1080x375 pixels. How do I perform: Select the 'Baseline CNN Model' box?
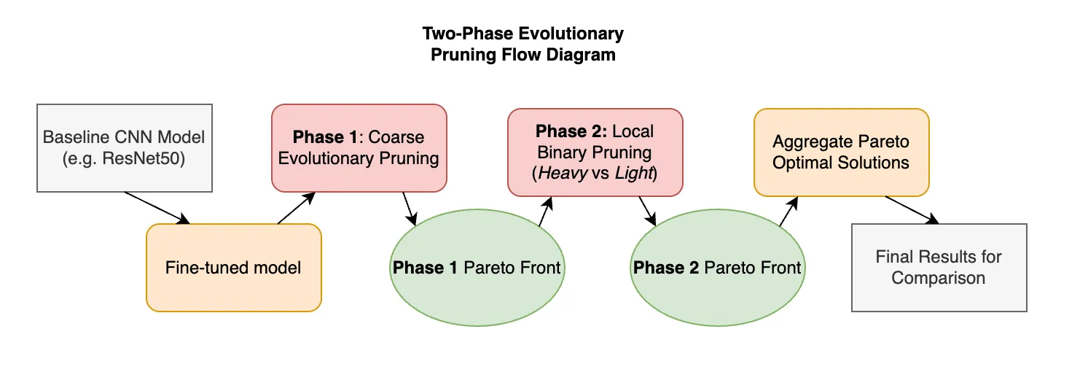point(125,148)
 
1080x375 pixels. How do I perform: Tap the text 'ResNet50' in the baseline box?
point(144,158)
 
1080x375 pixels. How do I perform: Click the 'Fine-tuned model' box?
point(234,268)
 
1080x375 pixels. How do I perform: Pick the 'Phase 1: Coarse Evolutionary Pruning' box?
point(359,148)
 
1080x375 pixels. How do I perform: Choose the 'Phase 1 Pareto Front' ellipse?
point(477,268)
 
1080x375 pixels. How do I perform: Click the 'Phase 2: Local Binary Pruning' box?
point(595,152)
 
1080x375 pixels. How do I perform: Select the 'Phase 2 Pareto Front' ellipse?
point(718,268)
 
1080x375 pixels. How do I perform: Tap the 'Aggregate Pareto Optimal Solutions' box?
point(842,152)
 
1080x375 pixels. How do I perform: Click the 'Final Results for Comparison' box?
point(939,268)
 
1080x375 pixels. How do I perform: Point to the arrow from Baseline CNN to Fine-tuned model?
point(157,208)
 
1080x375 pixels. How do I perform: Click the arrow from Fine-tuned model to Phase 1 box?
point(297,208)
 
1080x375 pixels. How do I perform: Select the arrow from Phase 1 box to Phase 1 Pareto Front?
point(410,209)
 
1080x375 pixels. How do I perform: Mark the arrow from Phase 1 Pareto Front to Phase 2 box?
point(545,212)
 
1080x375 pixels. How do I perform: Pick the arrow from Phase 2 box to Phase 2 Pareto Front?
point(648,211)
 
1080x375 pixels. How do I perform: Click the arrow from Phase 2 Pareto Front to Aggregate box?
point(789,212)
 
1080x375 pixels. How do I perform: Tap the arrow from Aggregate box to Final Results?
point(912,210)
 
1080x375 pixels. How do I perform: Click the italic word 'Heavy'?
point(563,173)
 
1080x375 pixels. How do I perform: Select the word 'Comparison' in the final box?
point(938,278)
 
